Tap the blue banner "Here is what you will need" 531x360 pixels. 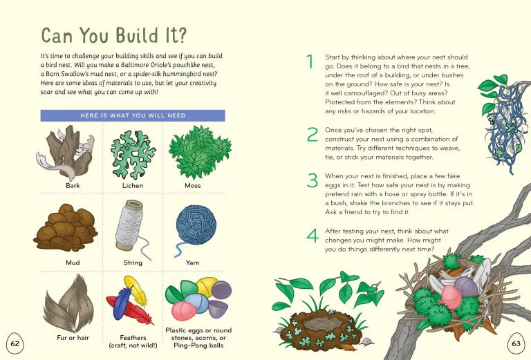pos(133,115)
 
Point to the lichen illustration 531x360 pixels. pos(133,153)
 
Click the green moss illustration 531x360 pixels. pos(199,152)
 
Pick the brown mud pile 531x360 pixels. pos(66,227)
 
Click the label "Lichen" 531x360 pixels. pos(133,185)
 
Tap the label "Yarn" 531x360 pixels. pos(192,263)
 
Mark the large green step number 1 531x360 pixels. pos(310,61)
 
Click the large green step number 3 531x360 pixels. pos(312,181)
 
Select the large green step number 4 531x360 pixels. pos(313,235)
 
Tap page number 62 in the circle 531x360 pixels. pos(15,343)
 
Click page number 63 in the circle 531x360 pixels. pos(516,343)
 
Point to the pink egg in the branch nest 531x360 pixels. pos(451,296)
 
